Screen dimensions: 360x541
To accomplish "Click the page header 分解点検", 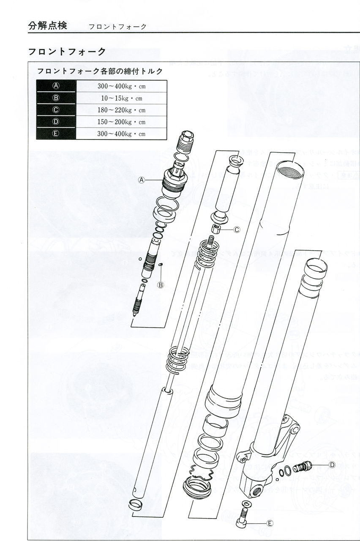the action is [x=47, y=25].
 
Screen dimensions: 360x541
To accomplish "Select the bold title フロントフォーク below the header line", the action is [x=67, y=52].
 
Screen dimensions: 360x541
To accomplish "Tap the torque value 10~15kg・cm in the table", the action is [x=121, y=98].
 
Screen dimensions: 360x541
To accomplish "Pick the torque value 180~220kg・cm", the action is [x=121, y=110].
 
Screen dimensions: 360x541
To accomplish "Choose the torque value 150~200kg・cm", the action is [x=121, y=122].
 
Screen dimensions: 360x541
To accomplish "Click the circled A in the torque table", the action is [x=56, y=86].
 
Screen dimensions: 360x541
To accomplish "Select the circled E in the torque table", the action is [x=56, y=134].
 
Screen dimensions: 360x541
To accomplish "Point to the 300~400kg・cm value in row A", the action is [x=121, y=86].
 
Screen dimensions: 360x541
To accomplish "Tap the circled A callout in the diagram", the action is [x=142, y=180].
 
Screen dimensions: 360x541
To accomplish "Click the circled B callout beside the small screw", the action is [x=161, y=285].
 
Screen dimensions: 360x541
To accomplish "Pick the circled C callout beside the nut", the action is [x=237, y=230].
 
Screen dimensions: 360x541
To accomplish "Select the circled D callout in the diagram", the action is [x=332, y=465].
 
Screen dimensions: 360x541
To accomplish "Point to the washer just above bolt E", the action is [x=246, y=503].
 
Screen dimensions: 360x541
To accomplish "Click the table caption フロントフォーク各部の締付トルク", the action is [x=100, y=71].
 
